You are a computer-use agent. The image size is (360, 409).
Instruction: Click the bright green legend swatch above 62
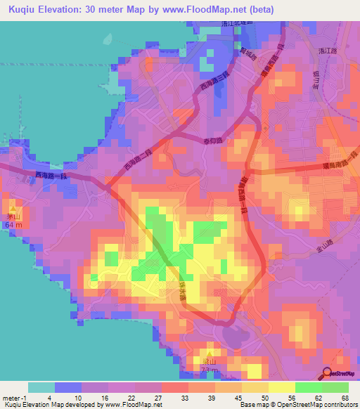[309, 387]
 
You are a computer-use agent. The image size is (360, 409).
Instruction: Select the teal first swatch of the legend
[41, 387]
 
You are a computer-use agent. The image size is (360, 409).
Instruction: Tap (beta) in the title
[257, 10]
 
